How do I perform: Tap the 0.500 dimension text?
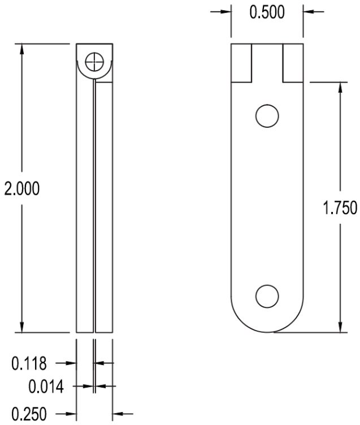(267, 12)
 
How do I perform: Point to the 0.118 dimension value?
(29, 363)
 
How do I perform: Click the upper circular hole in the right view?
(267, 116)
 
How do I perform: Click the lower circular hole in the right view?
(267, 296)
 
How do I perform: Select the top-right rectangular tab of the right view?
(292, 62)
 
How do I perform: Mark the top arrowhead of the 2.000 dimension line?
(22, 47)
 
